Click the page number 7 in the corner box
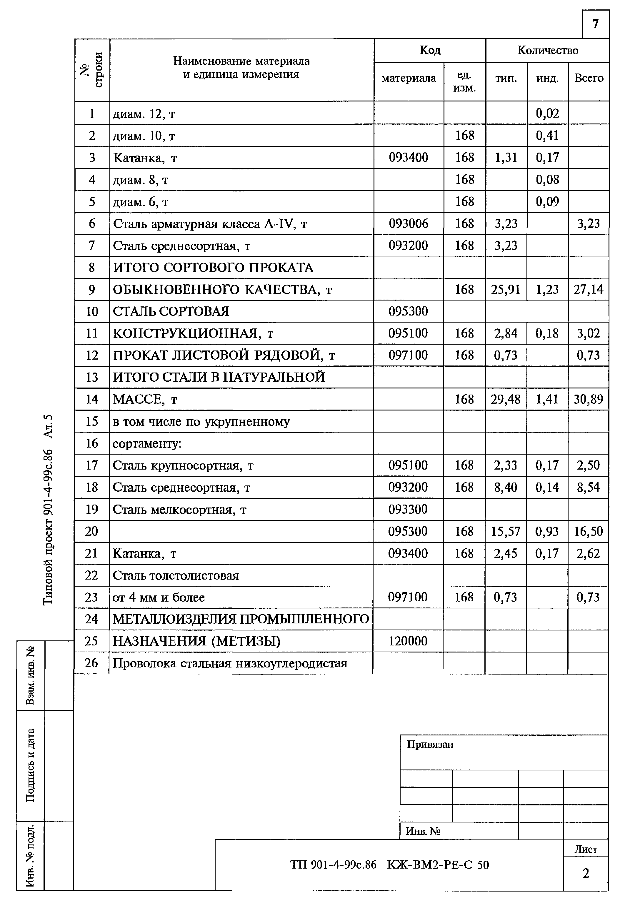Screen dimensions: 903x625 tap(595, 24)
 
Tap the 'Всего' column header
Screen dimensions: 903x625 tap(589, 78)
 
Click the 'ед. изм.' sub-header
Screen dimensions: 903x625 tap(464, 81)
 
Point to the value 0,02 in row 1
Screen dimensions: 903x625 tap(547, 113)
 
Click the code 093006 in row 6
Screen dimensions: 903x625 tap(409, 223)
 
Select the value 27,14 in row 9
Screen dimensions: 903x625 tap(588, 289)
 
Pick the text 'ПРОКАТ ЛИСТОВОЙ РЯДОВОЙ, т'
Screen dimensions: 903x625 tap(224, 355)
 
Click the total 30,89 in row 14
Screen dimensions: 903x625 tap(588, 399)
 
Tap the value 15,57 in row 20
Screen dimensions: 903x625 tap(506, 531)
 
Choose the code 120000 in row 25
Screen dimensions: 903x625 tap(408, 641)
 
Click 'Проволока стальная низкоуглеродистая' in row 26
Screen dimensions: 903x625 tap(230, 663)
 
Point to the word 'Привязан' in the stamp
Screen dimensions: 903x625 tap(430, 744)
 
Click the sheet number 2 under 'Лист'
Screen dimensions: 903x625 tap(586, 873)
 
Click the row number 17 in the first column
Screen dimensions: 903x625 tap(92, 465)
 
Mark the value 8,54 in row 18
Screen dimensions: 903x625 tap(588, 487)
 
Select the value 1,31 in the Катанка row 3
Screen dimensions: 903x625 tap(506, 157)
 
